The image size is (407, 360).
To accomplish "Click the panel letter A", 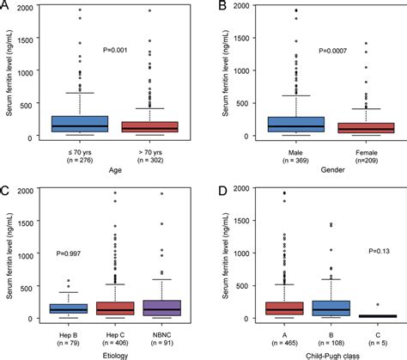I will coord(6,7).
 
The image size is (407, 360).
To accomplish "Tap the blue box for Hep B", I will coord(68,308).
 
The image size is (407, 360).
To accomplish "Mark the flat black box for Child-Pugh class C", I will coord(372,316).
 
